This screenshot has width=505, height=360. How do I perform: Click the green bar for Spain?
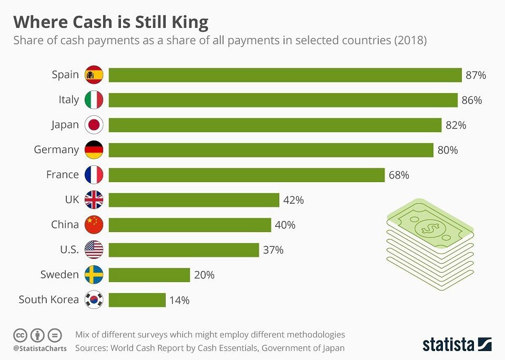[x=285, y=75]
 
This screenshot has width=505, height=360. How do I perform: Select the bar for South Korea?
[x=137, y=300]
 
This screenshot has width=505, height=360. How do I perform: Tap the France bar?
[x=246, y=175]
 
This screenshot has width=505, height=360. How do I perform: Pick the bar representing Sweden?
[x=149, y=275]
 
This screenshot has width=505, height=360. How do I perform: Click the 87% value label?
[x=476, y=75]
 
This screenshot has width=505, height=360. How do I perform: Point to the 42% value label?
[x=294, y=200]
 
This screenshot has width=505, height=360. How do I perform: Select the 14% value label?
[x=179, y=301]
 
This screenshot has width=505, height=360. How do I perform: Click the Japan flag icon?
[x=94, y=125]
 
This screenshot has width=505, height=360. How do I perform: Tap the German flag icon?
[x=94, y=150]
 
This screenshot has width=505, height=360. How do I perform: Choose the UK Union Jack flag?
[x=94, y=200]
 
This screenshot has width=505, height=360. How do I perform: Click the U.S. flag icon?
[x=94, y=250]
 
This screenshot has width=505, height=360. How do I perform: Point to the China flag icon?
[x=94, y=225]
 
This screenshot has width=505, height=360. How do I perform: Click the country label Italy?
[x=69, y=99]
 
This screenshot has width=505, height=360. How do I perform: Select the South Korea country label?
[x=49, y=300]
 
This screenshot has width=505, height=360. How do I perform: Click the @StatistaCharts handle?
[x=40, y=348]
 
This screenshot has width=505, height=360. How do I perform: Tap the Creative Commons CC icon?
[x=21, y=335]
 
